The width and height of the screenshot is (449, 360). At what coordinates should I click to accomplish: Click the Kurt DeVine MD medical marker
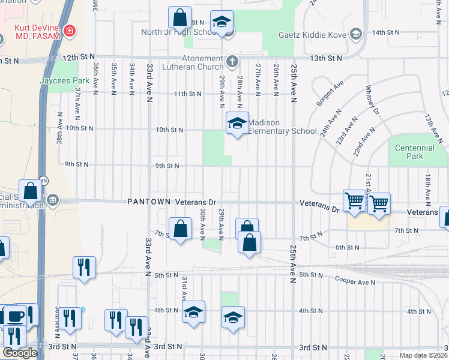(70, 29)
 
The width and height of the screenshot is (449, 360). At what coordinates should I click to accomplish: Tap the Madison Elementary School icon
(237, 123)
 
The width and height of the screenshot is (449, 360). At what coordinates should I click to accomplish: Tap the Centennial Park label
(414, 152)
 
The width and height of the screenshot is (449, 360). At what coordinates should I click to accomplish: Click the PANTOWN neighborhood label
(149, 202)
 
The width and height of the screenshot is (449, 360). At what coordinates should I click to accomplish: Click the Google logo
(20, 353)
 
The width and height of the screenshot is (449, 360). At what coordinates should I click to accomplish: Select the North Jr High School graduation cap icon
(221, 22)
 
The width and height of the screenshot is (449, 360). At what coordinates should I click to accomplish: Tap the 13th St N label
(326, 58)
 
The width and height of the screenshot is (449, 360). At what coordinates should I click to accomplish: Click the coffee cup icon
(16, 315)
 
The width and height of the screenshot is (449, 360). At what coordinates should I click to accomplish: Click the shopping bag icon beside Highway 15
(30, 191)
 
